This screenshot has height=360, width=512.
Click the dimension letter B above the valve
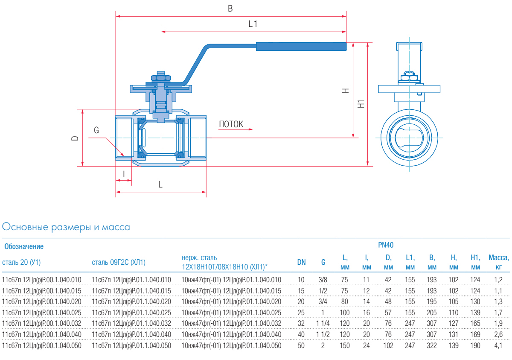tap(230, 9)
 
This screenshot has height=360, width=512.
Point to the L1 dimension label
tap(253, 24)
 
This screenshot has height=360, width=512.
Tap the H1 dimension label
tap(361, 103)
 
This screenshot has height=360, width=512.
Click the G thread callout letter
tap(96, 130)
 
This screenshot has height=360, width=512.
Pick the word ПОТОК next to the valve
tap(231, 124)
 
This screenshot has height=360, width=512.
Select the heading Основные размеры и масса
tap(66, 227)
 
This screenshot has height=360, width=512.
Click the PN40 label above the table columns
tap(386, 245)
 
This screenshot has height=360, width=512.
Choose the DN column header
tap(301, 262)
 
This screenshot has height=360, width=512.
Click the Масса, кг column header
tap(498, 262)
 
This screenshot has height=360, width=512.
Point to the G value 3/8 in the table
tap(323, 280)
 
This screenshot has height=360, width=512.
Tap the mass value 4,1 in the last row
tap(498, 345)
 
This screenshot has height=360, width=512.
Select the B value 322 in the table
tap(432, 345)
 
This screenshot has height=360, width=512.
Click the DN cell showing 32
tap(301, 324)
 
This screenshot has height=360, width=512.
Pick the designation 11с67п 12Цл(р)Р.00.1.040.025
tap(42, 313)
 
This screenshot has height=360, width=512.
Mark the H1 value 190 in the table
tap(476, 345)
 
